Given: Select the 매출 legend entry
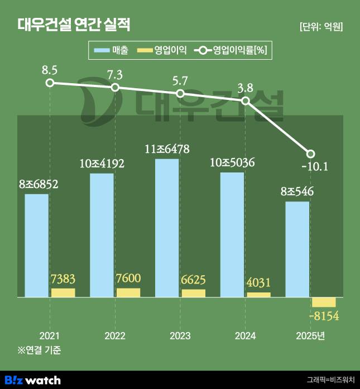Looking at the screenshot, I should click(x=112, y=51).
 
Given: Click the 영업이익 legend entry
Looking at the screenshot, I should click(x=161, y=51).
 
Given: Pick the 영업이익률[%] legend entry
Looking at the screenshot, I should click(x=232, y=51).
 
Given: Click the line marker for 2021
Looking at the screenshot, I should click(x=50, y=83).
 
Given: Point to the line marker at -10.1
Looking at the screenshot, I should click(x=311, y=153).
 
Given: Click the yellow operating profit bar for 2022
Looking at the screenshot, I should click(x=128, y=292).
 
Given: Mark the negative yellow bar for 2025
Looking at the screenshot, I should click(x=324, y=302).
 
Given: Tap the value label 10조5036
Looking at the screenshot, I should click(x=232, y=164).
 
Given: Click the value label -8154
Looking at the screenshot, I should click(x=324, y=316).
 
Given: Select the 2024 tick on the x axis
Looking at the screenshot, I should click(x=246, y=335).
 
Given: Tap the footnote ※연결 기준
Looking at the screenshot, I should click(x=39, y=350).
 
